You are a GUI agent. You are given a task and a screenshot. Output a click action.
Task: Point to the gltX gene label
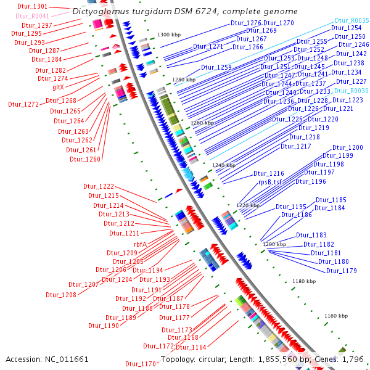click(58, 87)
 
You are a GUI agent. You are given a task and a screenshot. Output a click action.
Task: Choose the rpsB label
click(265, 182)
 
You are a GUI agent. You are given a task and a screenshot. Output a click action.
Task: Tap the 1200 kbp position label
click(275, 245)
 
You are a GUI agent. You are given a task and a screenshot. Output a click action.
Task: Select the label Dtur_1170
click(141, 364)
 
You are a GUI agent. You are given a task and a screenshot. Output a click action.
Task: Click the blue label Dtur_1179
click(340, 271)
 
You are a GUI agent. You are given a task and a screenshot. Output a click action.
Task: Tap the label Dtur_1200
click(348, 147)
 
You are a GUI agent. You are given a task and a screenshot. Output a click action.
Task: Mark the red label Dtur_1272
click(23, 104)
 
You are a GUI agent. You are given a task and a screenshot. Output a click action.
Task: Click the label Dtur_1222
click(99, 186)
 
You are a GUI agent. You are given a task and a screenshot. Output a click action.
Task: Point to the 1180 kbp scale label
click(304, 281)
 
